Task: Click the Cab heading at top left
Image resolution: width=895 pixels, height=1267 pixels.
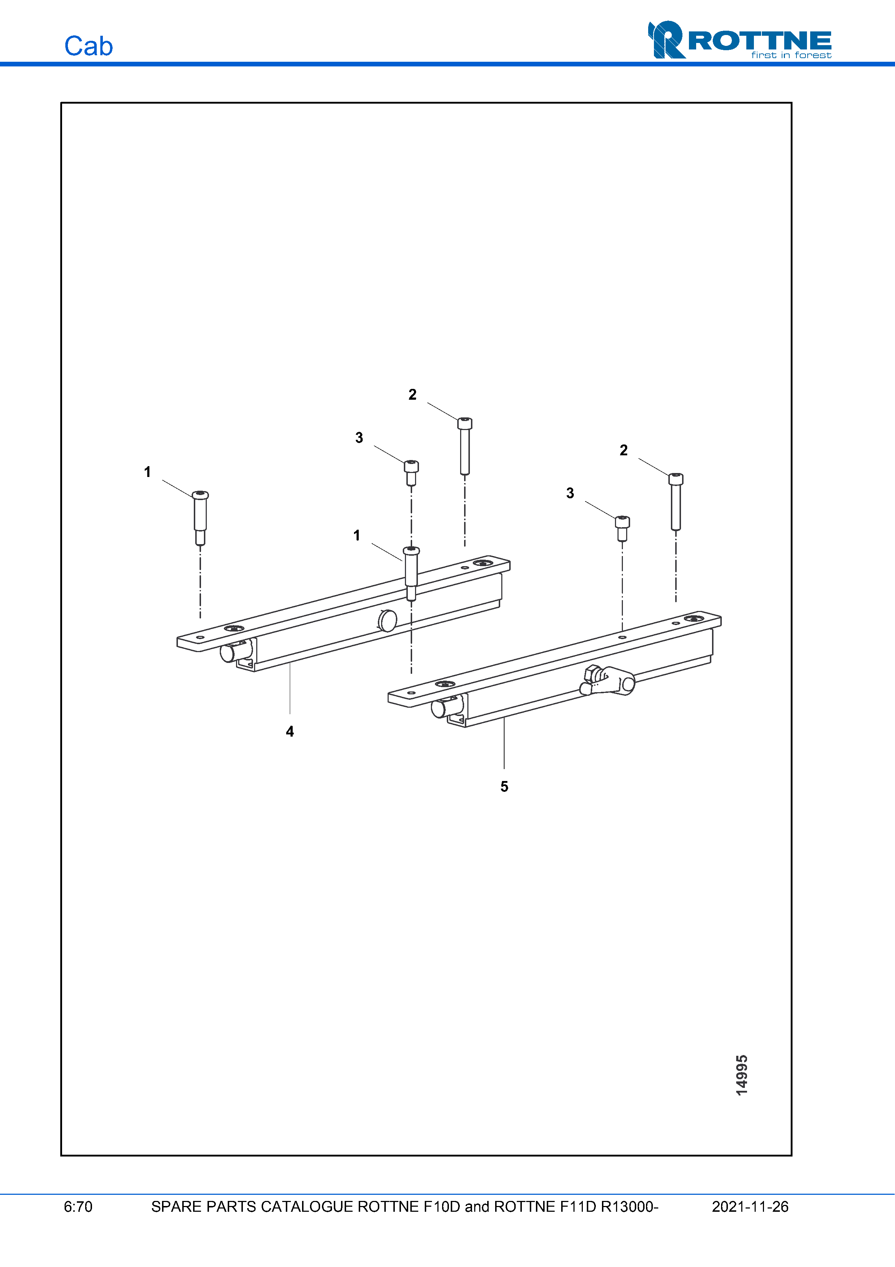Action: [88, 46]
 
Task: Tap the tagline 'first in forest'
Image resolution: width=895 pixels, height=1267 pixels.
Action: [791, 55]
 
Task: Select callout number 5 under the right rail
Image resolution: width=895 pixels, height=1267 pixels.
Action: [504, 786]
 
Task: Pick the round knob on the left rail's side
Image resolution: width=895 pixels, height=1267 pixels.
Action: [388, 621]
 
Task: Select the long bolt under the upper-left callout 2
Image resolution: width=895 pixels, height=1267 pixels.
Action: [465, 446]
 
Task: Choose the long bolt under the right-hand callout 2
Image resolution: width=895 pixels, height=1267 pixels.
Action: [676, 501]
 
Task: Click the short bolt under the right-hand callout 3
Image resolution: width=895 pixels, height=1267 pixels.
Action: [623, 528]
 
